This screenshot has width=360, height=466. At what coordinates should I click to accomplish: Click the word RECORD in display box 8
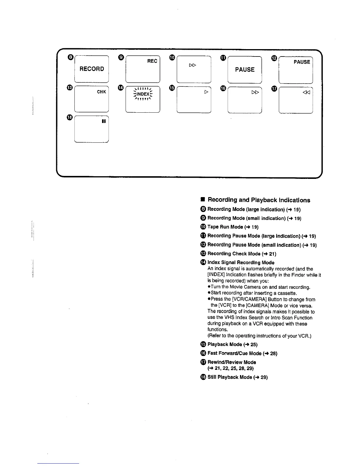92,69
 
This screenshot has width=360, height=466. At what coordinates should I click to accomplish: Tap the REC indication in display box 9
152,61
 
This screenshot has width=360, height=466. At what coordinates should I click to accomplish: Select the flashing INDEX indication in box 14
143,94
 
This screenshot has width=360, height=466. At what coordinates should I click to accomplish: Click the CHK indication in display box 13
101,92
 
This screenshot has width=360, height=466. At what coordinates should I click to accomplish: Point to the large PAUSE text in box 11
245,70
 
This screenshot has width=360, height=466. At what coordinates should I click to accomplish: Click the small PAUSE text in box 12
302,62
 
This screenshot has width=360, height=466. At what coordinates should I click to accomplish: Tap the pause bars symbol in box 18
103,121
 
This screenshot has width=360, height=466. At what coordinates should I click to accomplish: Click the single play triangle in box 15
206,92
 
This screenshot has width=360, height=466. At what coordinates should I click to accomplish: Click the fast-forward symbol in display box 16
255,92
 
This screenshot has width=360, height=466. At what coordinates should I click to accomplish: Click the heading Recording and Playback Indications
259,200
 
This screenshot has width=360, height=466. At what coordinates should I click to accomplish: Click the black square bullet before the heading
202,200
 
